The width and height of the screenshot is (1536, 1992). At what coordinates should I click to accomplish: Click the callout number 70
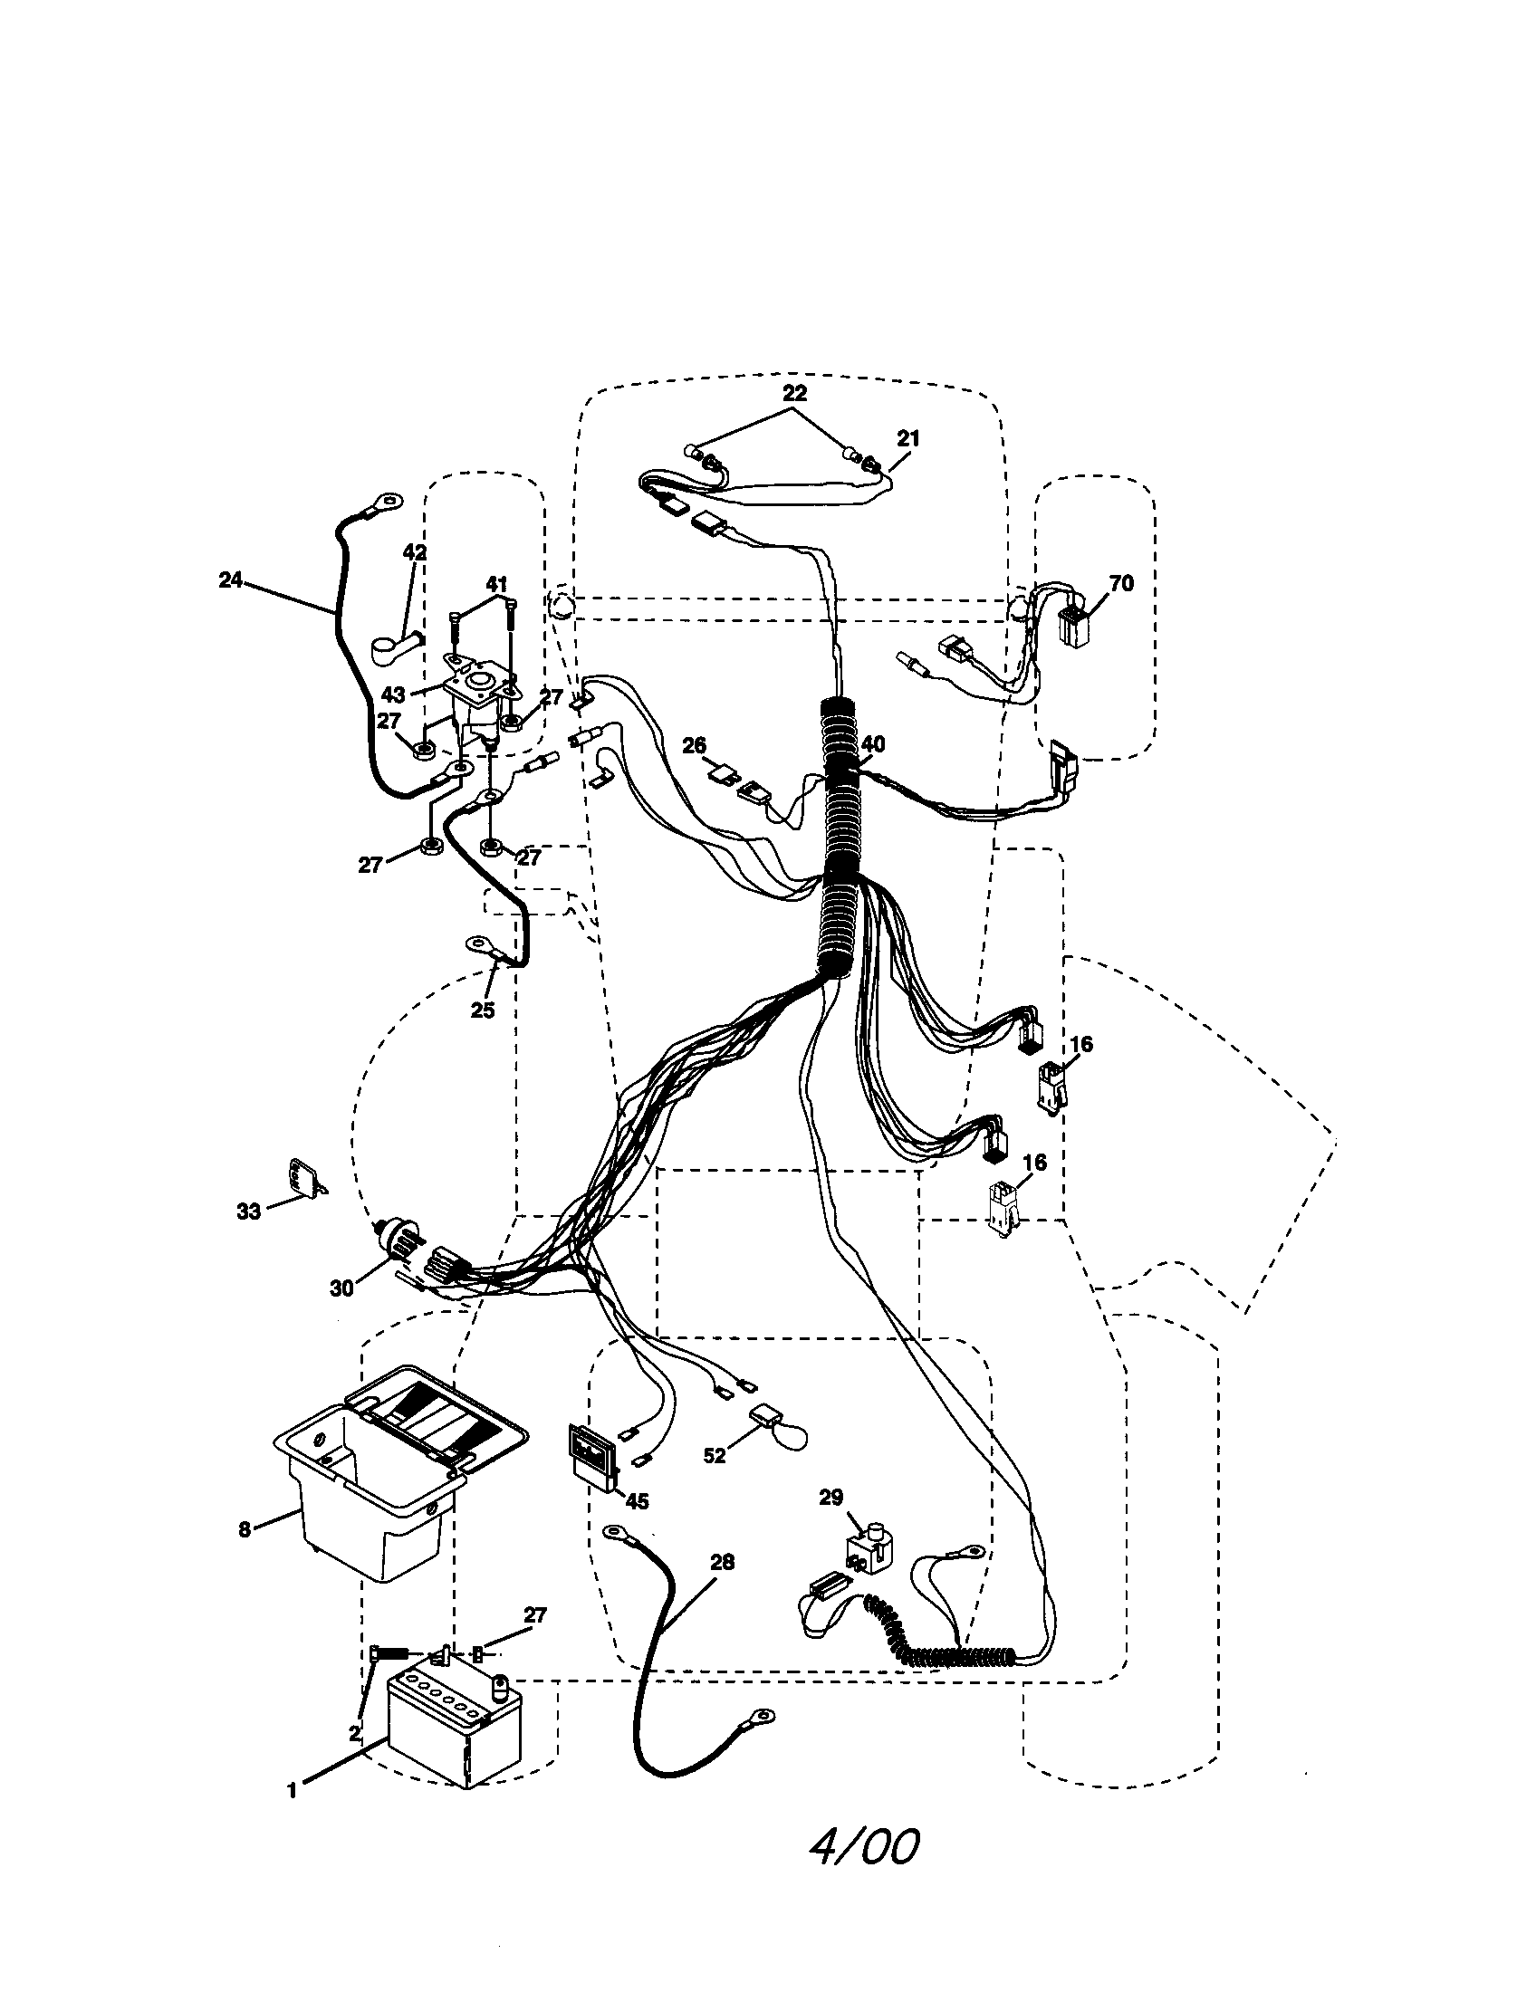tap(1121, 583)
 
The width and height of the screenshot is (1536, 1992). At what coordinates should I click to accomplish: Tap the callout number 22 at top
tap(794, 393)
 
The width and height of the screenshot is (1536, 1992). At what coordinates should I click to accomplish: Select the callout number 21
tap(907, 438)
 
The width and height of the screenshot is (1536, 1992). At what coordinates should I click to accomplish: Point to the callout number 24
tap(231, 579)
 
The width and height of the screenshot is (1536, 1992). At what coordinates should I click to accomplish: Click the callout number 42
tap(414, 551)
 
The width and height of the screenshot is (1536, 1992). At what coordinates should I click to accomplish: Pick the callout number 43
tap(393, 695)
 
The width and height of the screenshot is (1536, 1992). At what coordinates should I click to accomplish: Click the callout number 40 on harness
tap(873, 744)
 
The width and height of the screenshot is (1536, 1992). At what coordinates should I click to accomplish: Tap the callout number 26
tap(694, 745)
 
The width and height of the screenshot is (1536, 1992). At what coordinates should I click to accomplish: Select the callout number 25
tap(483, 1010)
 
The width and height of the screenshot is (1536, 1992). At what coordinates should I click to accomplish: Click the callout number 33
tap(248, 1211)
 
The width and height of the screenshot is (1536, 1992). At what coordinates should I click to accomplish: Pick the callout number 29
tap(830, 1497)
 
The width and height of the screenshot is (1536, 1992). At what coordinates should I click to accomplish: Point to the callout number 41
tap(496, 584)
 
